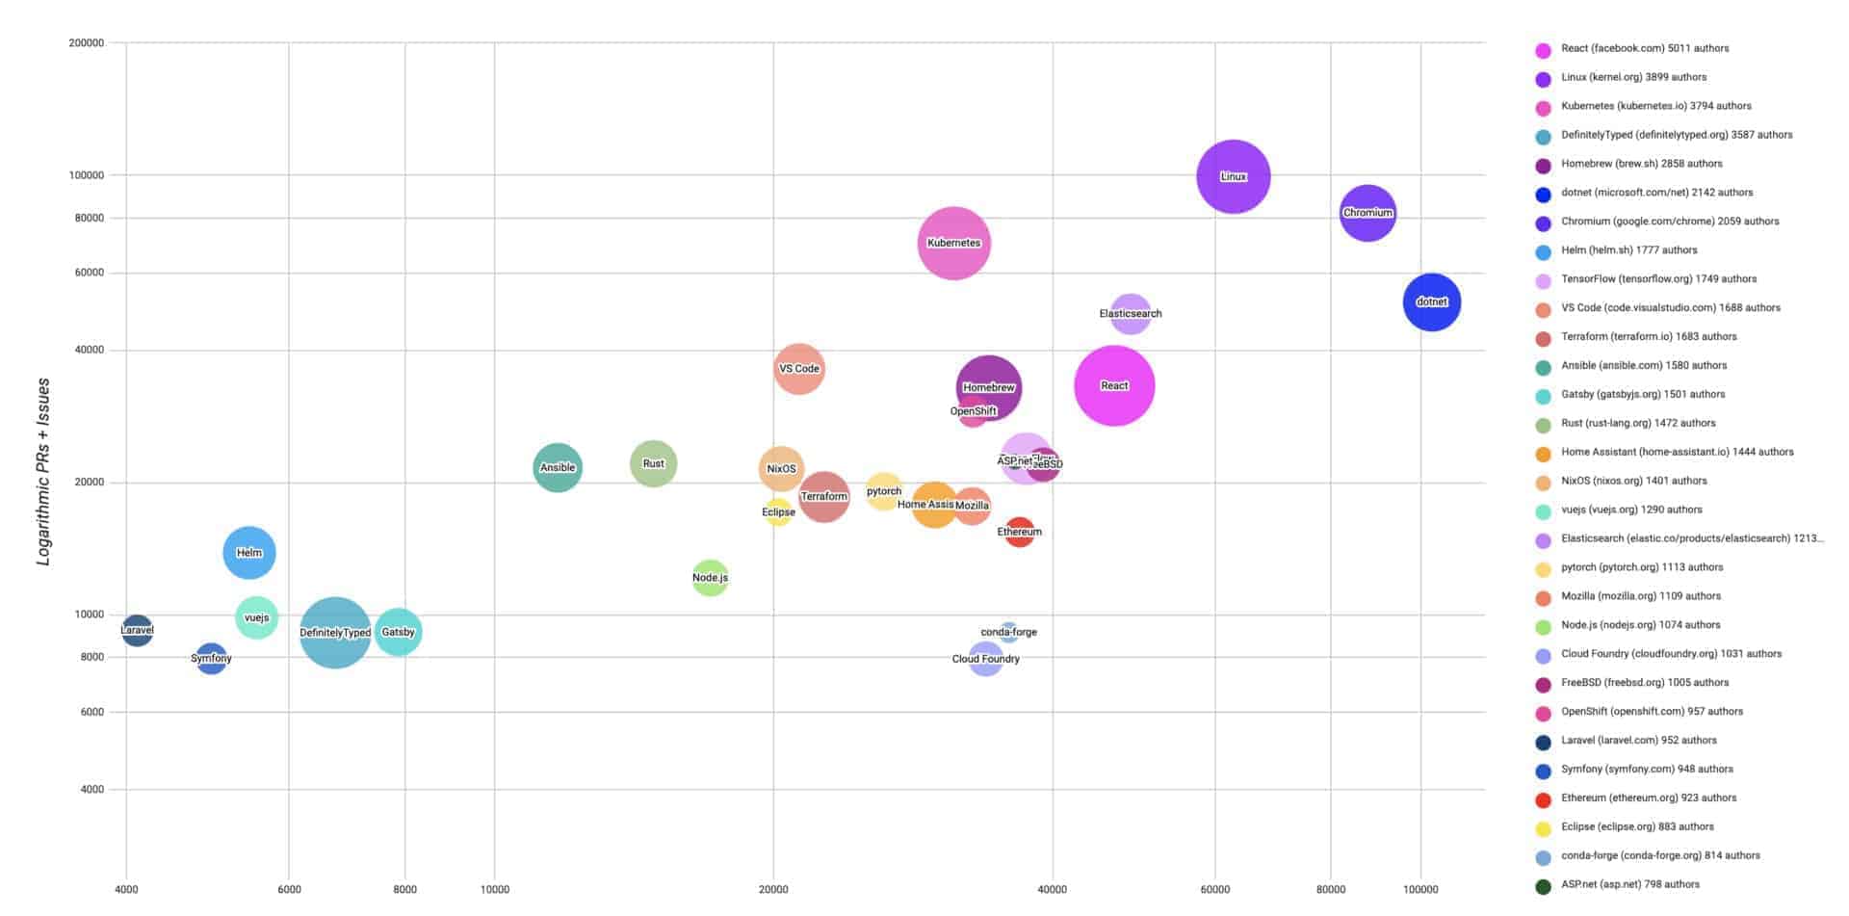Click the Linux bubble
1233,176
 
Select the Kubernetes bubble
953,243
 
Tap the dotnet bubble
1431,301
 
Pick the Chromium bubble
1367,213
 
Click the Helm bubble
249,553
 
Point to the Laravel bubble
137,631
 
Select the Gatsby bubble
398,632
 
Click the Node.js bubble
710,578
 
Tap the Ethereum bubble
1019,532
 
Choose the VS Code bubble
798,368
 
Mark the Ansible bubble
558,467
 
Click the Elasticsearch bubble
1131,313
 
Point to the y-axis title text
43,472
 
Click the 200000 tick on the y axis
87,42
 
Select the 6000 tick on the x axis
289,889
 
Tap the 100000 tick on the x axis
1420,889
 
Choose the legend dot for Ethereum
1543,799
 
